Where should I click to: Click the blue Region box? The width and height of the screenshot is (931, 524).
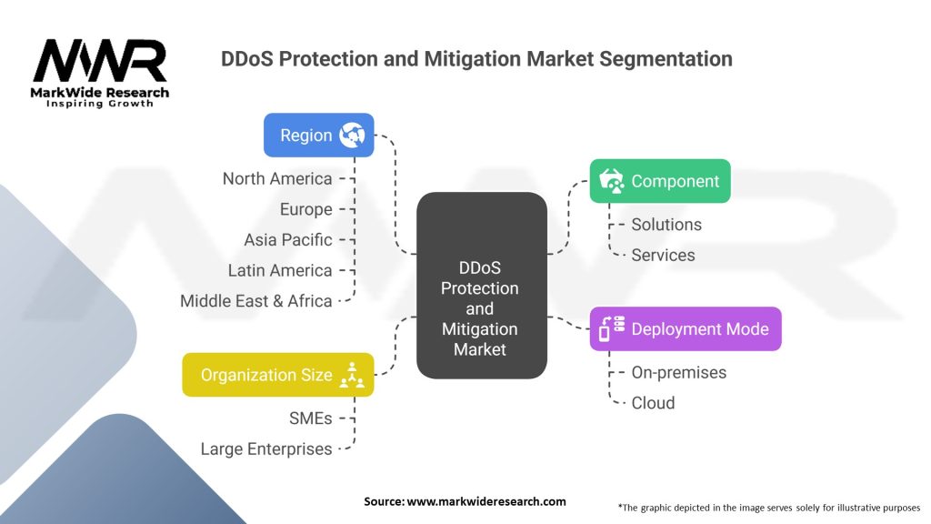point(318,136)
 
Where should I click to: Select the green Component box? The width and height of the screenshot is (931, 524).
point(659,181)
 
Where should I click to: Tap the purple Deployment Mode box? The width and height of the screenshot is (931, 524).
point(685,329)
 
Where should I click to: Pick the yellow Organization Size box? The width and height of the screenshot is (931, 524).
point(277,375)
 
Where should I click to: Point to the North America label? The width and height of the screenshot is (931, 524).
point(277,178)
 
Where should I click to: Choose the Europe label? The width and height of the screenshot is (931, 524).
point(305,209)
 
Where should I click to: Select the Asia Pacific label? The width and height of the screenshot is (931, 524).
point(287,240)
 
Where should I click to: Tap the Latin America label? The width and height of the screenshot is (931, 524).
point(280,270)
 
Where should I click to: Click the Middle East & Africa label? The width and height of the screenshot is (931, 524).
point(255,301)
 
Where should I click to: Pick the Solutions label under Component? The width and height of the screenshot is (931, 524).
point(666,224)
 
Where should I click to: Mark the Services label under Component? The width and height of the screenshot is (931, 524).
point(663,255)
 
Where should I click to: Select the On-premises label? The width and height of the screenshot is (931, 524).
point(678,372)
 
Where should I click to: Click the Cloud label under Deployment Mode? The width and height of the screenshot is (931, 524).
point(653,402)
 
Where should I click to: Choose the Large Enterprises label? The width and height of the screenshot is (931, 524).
point(266,448)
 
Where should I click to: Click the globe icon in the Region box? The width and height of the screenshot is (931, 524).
point(351,136)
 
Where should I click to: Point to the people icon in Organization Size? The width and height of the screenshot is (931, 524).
point(351,375)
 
